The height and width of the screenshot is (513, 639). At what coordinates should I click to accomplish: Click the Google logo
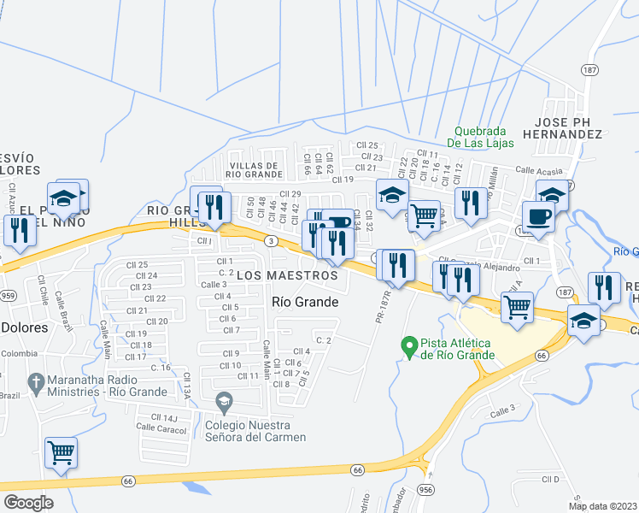pos(28,503)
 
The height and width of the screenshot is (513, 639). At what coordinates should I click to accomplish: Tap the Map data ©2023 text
pos(601,505)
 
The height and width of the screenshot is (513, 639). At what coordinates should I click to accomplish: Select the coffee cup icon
pos(537,216)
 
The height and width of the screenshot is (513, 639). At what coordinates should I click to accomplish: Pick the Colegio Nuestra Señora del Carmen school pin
pos(224,400)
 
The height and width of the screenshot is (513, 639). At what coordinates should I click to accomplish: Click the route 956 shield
pos(425,489)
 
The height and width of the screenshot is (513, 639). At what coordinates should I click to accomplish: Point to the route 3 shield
pos(270,241)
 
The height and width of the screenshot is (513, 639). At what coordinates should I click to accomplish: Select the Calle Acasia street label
pos(540,170)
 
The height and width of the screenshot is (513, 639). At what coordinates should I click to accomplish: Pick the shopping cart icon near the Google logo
pos(61,452)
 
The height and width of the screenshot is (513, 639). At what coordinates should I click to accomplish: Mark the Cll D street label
pos(549,479)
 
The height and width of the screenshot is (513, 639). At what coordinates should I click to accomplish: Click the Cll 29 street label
pos(290,194)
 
